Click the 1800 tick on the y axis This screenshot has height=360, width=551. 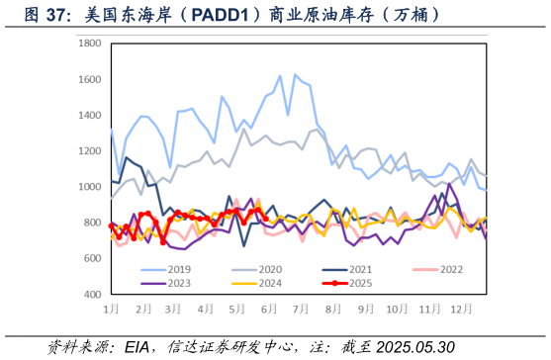point(91,45)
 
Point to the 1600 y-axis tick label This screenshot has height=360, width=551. point(91,80)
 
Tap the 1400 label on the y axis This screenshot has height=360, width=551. point(91,116)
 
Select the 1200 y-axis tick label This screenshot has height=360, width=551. point(91,151)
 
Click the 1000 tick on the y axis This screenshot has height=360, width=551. point(91,187)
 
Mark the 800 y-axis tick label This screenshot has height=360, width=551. point(94,223)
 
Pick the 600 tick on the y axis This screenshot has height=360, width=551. point(94,258)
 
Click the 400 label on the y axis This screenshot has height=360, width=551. point(94,294)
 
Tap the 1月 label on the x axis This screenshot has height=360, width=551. point(112,309)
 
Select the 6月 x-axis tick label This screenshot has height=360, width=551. point(269,309)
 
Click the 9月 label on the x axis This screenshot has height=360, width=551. point(364,309)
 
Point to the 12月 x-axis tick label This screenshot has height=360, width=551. point(460,309)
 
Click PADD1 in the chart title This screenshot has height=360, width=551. point(226,15)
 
